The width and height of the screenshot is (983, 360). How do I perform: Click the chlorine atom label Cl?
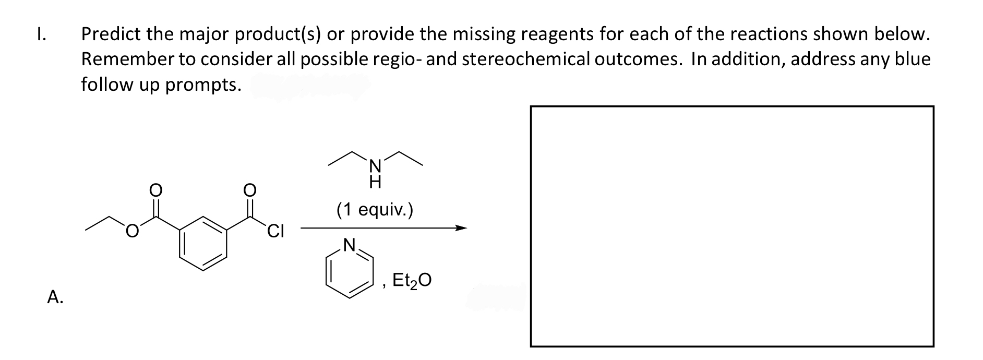coord(275,230)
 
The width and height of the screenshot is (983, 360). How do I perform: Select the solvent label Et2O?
coord(412,281)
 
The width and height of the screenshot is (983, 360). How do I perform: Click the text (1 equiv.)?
coord(375,210)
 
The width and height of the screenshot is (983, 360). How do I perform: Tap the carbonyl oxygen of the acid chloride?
coord(250,190)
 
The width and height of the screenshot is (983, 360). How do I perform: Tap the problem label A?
coord(55,297)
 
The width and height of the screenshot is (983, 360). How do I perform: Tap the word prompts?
coord(203,85)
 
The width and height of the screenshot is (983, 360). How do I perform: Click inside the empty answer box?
coord(732,226)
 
